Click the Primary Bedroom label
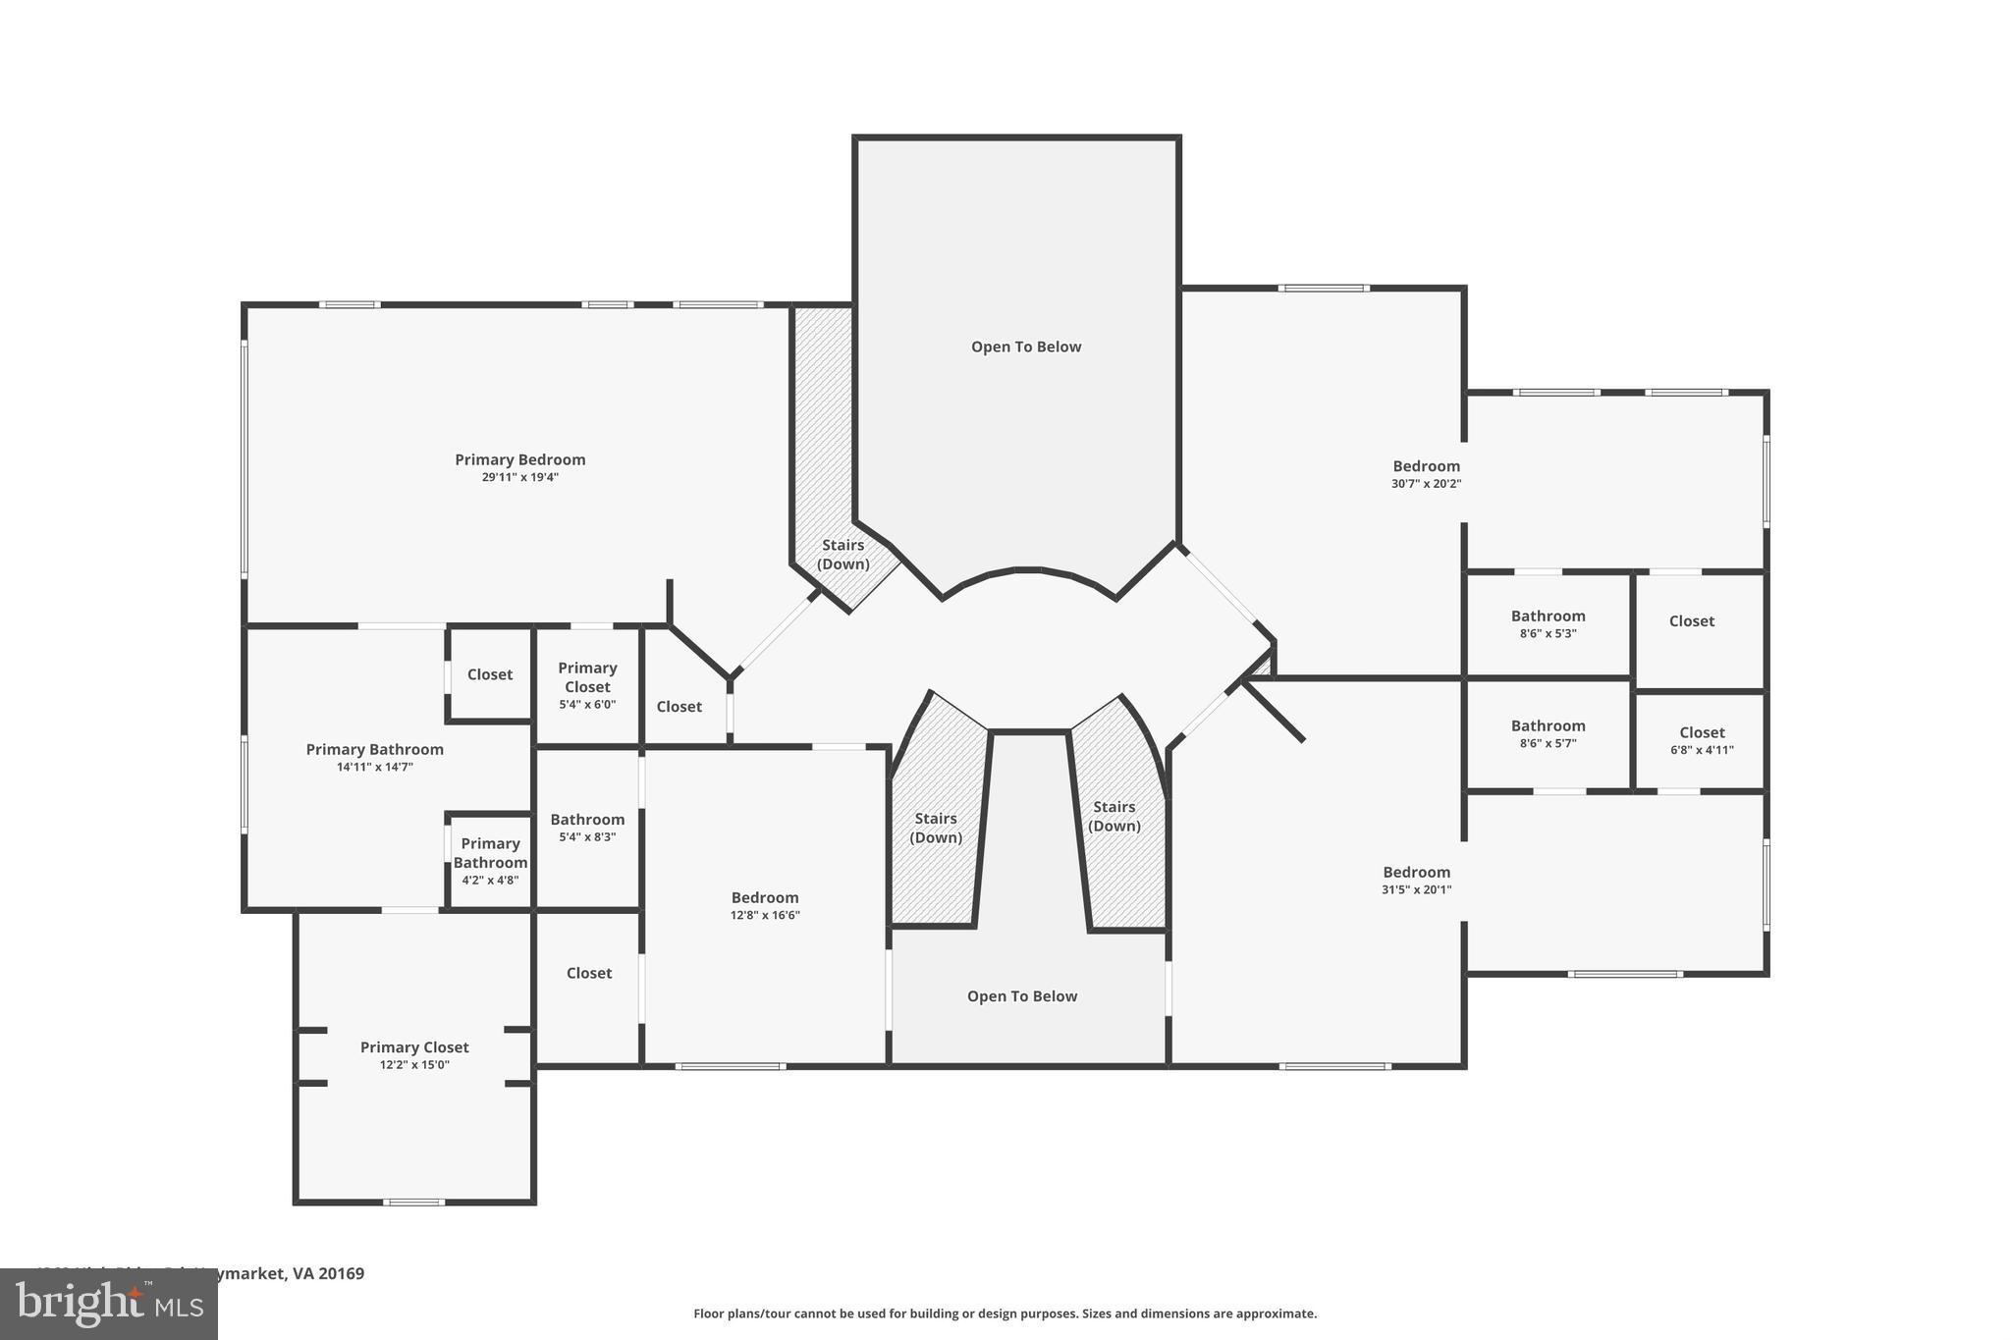[519, 459]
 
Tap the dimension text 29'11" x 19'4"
[519, 478]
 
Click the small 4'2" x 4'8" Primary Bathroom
[490, 861]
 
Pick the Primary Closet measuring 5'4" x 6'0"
[587, 684]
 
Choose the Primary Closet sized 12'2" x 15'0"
[414, 1054]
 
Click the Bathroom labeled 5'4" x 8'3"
[587, 827]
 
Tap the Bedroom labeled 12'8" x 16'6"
[765, 905]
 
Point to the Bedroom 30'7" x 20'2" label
[1426, 474]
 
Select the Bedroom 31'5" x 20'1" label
[1416, 880]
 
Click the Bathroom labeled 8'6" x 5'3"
[1548, 623]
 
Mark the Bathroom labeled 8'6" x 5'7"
[1548, 733]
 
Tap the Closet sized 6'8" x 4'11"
[1702, 740]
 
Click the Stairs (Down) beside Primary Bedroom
[843, 555]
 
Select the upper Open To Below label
[1026, 347]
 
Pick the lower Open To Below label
[1022, 996]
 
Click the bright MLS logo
[108, 1305]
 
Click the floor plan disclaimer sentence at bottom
[1005, 1313]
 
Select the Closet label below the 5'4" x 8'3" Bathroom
[589, 973]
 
